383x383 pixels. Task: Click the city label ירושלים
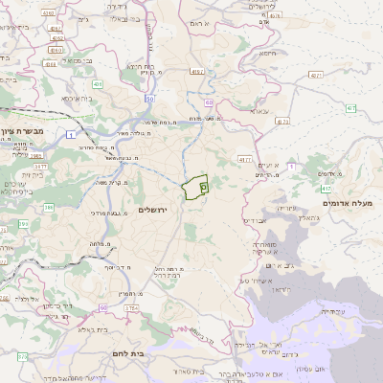[153, 209]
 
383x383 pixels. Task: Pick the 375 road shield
[22, 356]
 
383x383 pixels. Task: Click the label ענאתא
[259, 110]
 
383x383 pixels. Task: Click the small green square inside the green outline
[204, 189]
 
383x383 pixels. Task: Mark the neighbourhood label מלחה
[97, 245]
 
